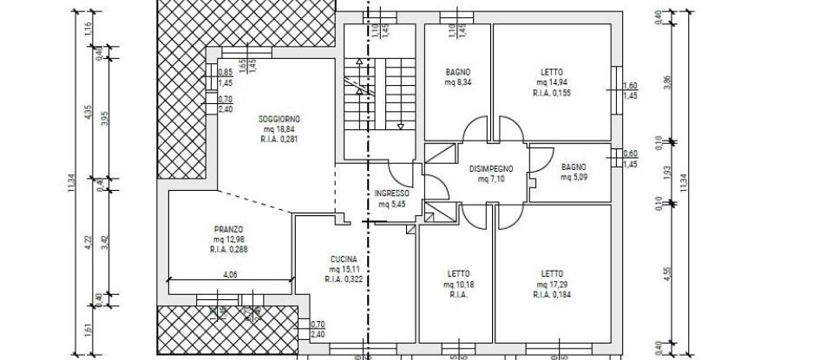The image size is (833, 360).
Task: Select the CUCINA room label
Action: point(343,259)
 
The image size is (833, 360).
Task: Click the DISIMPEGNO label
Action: point(492,168)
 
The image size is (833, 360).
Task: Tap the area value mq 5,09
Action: point(574,177)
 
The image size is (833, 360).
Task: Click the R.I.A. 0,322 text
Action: point(343,279)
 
